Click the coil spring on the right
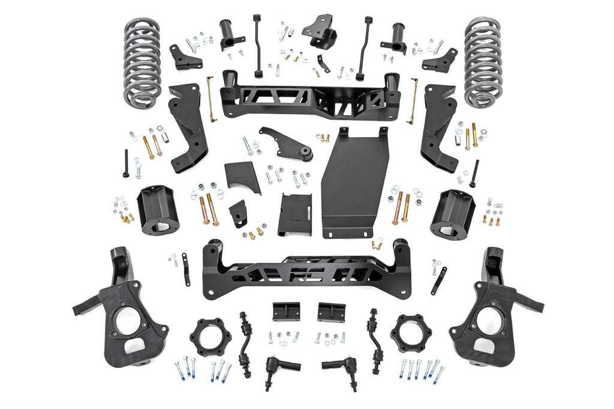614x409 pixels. tap(483, 61)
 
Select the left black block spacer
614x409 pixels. tap(156, 210)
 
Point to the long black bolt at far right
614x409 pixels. tap(474, 174)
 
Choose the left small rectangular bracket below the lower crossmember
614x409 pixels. tap(285, 311)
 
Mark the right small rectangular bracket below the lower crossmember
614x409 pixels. tap(332, 311)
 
